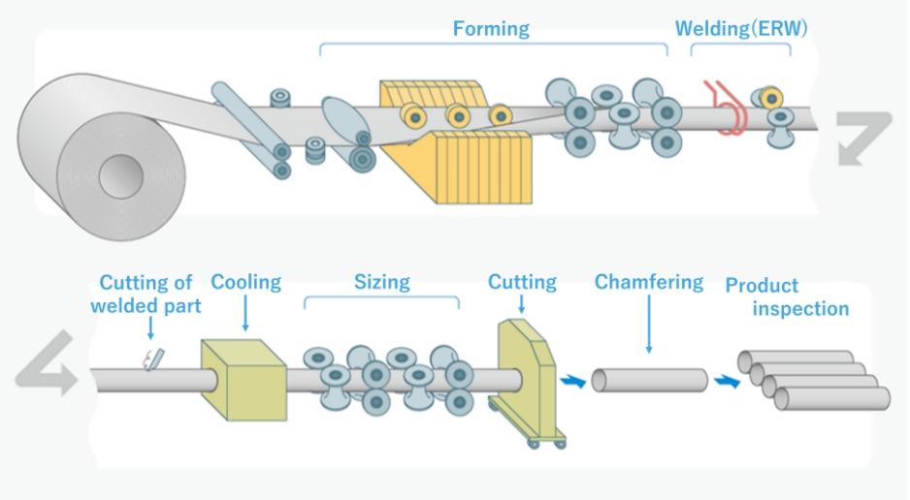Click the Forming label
point(491,29)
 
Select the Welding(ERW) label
point(741,29)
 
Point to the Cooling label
point(245,282)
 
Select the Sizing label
point(381,282)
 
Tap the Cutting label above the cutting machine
point(522,282)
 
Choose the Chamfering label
point(648,282)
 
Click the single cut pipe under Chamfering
point(649,381)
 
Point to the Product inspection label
point(787,297)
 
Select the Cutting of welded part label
point(146,294)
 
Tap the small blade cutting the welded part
point(150,359)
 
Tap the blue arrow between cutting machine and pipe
point(575,383)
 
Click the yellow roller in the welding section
point(771,97)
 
